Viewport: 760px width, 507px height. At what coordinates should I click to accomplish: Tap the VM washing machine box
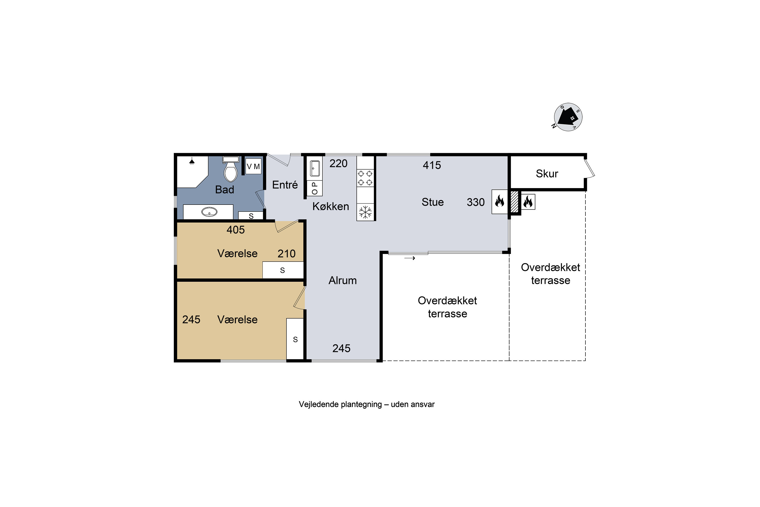(x=253, y=167)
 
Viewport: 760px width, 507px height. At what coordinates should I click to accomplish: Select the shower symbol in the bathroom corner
(x=192, y=161)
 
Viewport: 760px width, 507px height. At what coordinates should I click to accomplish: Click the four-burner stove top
(x=365, y=178)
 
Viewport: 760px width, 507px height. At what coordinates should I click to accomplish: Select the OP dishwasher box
(x=315, y=188)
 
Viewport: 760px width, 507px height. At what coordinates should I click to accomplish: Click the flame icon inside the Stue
(x=500, y=202)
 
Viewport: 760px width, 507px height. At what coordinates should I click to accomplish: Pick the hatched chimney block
(x=515, y=202)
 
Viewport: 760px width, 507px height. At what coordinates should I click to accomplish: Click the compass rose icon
(x=568, y=117)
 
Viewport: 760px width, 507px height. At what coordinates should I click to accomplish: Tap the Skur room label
(x=547, y=174)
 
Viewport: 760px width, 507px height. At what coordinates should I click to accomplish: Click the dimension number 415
(x=432, y=165)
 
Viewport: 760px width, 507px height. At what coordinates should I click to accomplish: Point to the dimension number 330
(x=476, y=202)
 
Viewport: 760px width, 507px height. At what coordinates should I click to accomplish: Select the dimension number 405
(x=236, y=230)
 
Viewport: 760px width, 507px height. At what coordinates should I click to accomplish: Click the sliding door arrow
(x=410, y=258)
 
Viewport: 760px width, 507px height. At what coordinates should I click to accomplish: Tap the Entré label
(x=285, y=185)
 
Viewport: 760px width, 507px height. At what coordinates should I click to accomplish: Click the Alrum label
(x=343, y=280)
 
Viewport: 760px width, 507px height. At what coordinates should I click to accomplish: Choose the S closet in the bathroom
(x=251, y=216)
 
